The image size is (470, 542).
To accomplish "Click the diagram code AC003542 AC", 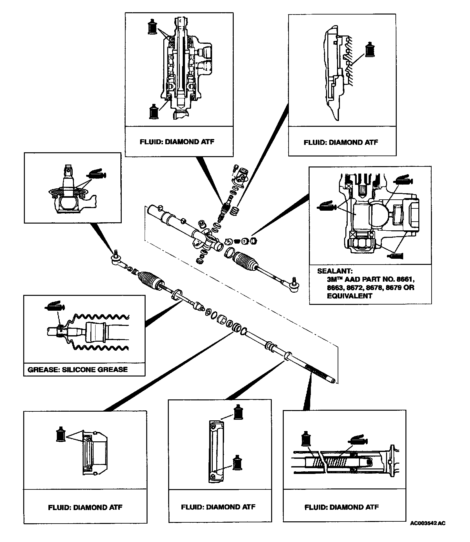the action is point(428,532).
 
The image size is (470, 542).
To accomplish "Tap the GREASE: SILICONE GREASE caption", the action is point(78,369).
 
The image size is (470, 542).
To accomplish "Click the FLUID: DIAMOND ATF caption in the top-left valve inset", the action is point(177,142).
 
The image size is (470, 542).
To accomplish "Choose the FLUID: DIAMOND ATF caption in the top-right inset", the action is point(341,142).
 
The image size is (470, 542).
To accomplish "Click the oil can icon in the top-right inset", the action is point(370,50).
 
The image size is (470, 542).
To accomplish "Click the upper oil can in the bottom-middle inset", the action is point(238,412).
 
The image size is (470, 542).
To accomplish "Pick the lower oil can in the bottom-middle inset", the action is point(238,463).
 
